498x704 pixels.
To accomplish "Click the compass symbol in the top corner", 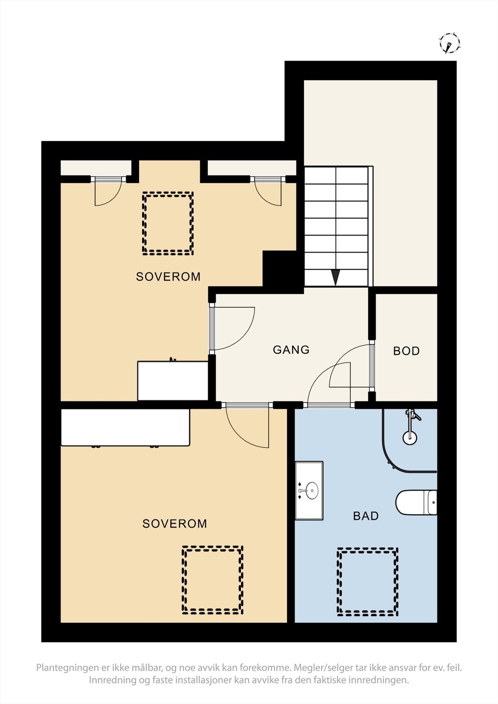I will (x=450, y=43).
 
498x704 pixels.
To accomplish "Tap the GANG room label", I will (x=291, y=350).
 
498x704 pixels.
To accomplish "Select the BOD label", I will (x=406, y=351).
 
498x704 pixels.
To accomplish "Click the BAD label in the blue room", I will (x=365, y=516).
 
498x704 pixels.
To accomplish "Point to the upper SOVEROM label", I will (x=168, y=277).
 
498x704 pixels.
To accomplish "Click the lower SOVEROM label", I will (x=174, y=524).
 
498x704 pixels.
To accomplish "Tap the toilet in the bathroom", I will (x=416, y=502).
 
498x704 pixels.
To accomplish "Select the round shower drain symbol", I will (x=409, y=437).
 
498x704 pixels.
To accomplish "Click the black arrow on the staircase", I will (x=336, y=277).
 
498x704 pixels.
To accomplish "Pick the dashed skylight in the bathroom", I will (x=367, y=581).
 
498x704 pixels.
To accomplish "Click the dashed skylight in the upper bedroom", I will (x=168, y=223).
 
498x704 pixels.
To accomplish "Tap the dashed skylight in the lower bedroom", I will (x=213, y=580).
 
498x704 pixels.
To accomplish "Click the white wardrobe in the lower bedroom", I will (x=125, y=427).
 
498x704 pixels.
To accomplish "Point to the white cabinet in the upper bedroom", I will (x=173, y=381).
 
